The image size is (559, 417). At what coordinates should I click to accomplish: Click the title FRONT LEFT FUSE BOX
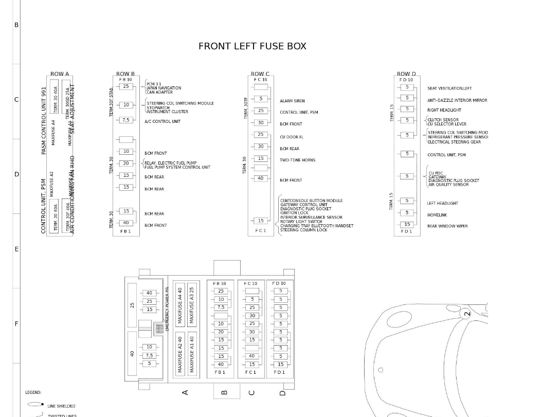click(x=252, y=46)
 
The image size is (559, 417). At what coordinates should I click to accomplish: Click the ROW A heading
click(x=60, y=74)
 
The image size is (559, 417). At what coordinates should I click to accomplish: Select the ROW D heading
click(x=406, y=74)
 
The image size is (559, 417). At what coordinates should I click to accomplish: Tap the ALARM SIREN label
click(x=292, y=101)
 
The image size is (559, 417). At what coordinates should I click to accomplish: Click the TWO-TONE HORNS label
click(x=298, y=160)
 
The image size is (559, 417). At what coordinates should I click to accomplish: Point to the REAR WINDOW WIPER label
click(x=447, y=226)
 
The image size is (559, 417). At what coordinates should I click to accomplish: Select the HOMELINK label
click(x=437, y=215)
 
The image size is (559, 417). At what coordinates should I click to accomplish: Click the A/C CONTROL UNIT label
click(x=163, y=121)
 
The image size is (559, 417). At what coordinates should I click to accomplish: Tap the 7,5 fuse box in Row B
click(x=126, y=120)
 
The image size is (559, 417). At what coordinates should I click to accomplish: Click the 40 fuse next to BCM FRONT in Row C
click(x=261, y=178)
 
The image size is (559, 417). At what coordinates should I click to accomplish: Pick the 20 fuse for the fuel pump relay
click(x=126, y=163)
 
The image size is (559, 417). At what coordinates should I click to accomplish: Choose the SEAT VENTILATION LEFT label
click(x=449, y=88)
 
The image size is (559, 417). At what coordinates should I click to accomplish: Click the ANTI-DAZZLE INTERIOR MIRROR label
click(x=457, y=100)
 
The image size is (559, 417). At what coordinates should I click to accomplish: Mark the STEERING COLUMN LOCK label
click(x=303, y=230)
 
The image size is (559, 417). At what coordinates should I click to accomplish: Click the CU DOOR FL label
click(x=292, y=137)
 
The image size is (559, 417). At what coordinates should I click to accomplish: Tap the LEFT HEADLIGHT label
click(x=442, y=203)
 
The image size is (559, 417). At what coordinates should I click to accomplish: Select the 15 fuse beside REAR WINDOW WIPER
click(x=407, y=225)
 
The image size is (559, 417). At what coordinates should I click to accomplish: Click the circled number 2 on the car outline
click(x=467, y=313)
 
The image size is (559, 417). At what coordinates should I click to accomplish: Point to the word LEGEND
click(x=33, y=392)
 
